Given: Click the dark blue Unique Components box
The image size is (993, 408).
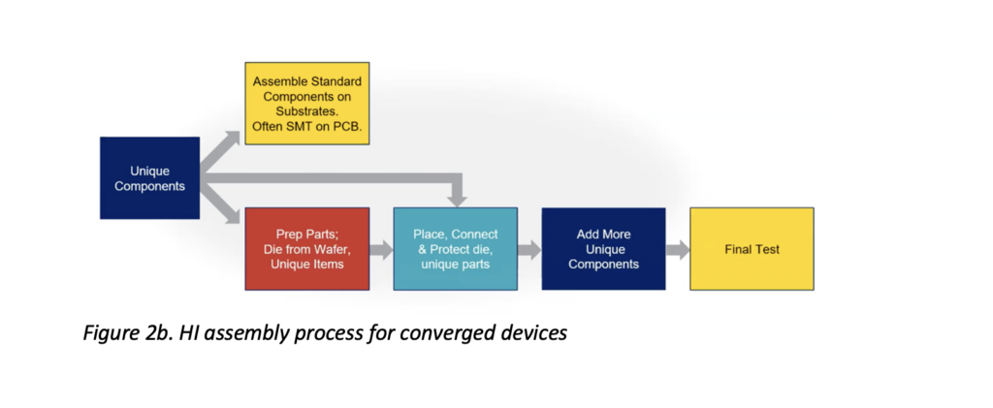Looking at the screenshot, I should point(149,178).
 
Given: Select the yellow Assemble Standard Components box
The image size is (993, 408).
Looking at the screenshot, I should point(307,103).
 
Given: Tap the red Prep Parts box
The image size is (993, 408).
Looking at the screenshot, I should point(307,249).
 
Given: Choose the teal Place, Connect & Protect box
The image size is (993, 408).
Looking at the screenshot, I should point(455,249).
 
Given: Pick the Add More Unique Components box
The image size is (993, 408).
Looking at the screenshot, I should point(603,249).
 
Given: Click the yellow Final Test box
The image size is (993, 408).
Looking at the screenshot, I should point(752,249).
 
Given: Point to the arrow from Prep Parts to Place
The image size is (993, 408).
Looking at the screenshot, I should point(381,249).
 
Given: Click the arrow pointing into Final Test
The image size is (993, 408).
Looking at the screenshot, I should point(677,249).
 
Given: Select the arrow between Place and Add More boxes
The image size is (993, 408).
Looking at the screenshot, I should point(529,249).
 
